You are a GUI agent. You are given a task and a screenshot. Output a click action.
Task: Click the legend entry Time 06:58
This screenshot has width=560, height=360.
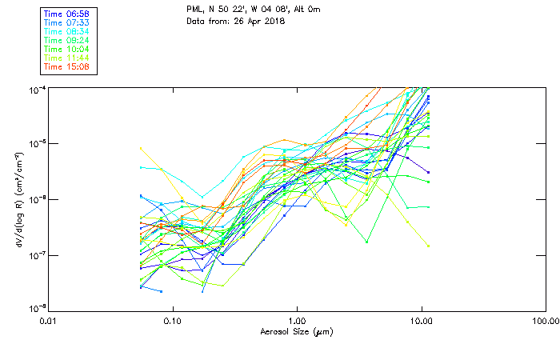(67, 13)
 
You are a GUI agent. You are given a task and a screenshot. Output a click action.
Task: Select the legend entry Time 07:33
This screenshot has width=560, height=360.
(67, 22)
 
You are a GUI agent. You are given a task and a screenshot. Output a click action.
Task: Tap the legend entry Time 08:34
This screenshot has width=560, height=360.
(67, 30)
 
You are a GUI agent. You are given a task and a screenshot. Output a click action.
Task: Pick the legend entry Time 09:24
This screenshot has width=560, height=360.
(67, 39)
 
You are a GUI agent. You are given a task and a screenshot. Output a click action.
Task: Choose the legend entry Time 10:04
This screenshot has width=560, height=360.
(67, 48)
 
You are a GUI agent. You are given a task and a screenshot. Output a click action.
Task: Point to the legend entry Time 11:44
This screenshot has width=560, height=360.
(67, 58)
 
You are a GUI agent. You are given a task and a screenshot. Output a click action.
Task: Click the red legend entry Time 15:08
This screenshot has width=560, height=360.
(67, 66)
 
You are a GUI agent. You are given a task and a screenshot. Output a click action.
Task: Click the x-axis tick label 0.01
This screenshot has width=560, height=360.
(48, 320)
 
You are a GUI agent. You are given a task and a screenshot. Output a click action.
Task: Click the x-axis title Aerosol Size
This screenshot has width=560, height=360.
(296, 331)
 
